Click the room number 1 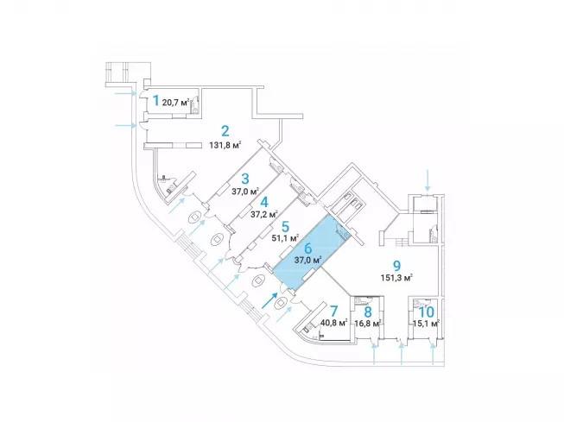(x=155, y=101)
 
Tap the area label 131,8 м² (x=225, y=145)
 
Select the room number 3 (x=245, y=179)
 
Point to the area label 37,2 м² (x=264, y=215)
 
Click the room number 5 (x=285, y=227)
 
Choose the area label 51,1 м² (x=285, y=238)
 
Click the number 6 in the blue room (x=307, y=249)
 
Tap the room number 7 (x=333, y=311)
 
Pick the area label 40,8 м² (x=333, y=323)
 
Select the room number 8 (x=368, y=312)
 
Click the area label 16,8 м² (x=368, y=324)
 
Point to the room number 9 (x=396, y=266)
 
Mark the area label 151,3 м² (x=396, y=278)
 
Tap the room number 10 (x=426, y=312)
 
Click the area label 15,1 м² (x=426, y=324)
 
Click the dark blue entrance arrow (x=269, y=300)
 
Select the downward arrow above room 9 (x=428, y=180)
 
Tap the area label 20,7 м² (x=176, y=103)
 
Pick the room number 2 (x=225, y=131)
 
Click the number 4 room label (x=264, y=203)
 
